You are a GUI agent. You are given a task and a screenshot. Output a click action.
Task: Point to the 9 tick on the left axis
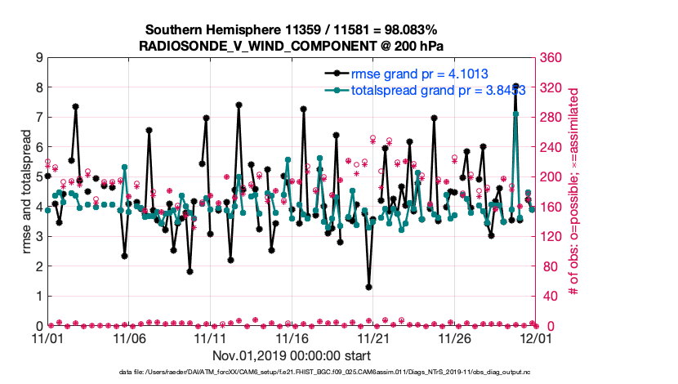click(x=38, y=58)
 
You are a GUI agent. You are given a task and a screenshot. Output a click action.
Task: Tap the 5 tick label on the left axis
click(x=38, y=176)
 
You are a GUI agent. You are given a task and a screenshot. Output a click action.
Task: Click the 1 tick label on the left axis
click(x=38, y=296)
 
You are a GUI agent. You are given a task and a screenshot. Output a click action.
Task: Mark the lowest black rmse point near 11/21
click(x=369, y=287)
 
